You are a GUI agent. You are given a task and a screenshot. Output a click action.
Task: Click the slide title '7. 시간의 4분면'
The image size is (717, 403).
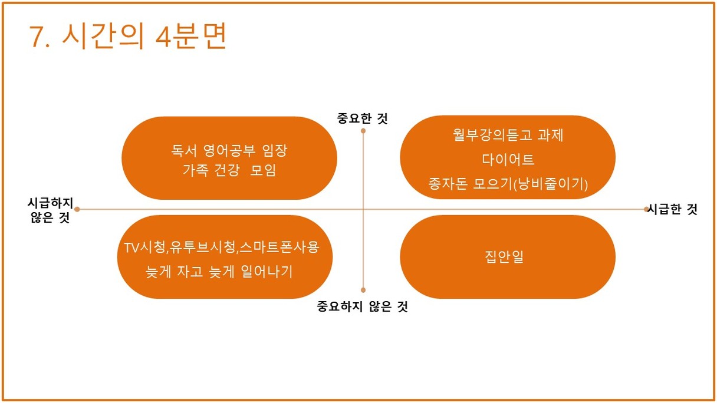coord(128,36)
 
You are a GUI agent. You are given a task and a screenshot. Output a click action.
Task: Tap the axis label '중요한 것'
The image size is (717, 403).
coord(363,118)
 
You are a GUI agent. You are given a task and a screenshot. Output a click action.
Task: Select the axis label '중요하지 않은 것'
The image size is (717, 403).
coord(363,306)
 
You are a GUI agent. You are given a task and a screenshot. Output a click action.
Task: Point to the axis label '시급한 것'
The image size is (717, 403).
coord(672,209)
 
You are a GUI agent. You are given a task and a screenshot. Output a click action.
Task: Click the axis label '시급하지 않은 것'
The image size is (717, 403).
coord(50,210)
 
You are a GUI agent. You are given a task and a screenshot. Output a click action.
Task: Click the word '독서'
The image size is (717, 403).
coord(184,151)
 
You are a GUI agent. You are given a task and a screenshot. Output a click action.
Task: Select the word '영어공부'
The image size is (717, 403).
coord(229,151)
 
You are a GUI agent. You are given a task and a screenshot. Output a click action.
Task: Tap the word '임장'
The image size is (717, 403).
coord(275,151)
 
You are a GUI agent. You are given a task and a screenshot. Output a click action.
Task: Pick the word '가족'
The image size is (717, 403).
coord(195,170)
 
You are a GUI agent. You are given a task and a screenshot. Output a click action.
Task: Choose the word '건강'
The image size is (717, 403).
coord(226,170)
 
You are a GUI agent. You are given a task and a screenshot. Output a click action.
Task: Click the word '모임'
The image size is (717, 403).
coord(263,170)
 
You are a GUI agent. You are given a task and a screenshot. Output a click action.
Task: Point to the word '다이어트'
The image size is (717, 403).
coord(508,159)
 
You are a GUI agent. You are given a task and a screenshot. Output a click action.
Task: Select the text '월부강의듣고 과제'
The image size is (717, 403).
coord(508,135)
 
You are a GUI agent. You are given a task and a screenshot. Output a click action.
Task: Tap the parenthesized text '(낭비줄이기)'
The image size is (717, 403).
coord(550,184)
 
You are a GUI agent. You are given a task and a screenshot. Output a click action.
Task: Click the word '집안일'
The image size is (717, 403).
coord(504,256)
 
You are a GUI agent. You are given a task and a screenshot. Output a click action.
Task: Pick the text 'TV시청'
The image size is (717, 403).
coord(145,247)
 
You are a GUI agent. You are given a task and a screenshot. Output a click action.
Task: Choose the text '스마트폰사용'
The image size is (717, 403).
coord(279,247)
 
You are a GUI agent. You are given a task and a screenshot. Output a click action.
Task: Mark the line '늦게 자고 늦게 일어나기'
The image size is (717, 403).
coord(219,272)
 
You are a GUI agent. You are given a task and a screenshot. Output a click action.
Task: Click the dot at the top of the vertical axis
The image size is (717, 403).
coord(363,131)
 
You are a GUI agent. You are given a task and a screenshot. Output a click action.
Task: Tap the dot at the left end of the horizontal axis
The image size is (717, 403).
coord(77,210)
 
